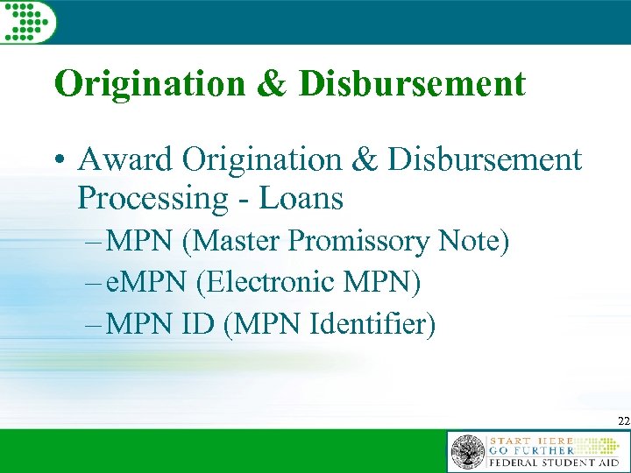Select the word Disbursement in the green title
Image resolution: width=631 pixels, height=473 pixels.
(x=412, y=84)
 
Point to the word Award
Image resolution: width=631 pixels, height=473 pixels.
(x=126, y=160)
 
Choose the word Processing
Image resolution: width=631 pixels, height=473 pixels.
(x=152, y=199)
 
